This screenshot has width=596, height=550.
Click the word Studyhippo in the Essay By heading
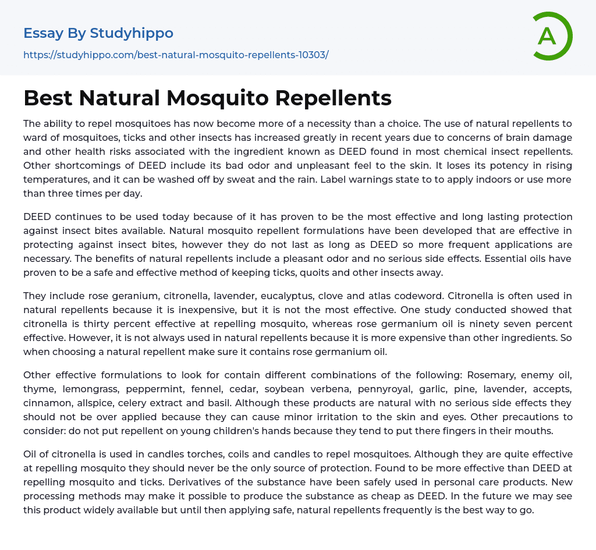(x=132, y=33)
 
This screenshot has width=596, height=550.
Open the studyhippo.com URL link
(x=176, y=55)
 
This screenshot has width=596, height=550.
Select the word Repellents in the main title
(x=334, y=98)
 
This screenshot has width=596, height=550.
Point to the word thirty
(x=102, y=324)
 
